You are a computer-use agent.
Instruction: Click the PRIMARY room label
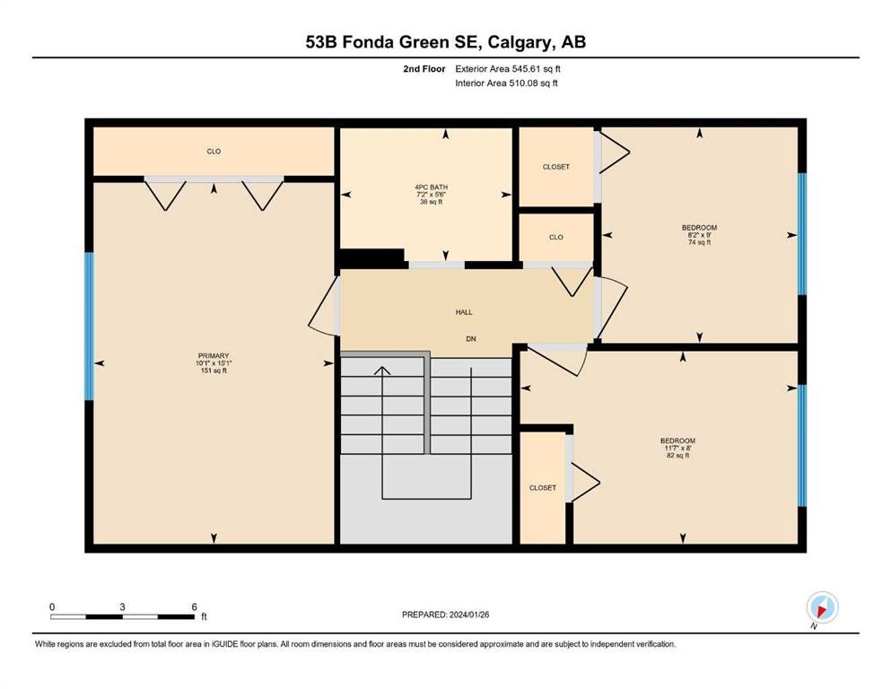click(x=214, y=356)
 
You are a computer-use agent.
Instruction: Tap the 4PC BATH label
click(x=432, y=187)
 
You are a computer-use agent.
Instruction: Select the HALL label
click(x=464, y=312)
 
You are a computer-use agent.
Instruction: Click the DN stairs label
click(x=471, y=338)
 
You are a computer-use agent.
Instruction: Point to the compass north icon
click(x=822, y=607)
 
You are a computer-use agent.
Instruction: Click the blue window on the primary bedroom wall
click(x=89, y=326)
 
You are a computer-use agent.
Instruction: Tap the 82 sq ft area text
click(x=678, y=455)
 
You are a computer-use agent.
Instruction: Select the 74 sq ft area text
click(x=700, y=242)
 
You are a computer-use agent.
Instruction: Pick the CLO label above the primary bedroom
click(x=214, y=151)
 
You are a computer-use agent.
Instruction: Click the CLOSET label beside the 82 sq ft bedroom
click(x=543, y=488)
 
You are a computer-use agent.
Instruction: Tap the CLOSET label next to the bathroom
click(x=555, y=167)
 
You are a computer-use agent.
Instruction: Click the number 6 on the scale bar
click(x=195, y=606)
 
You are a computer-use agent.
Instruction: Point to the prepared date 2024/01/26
click(x=469, y=615)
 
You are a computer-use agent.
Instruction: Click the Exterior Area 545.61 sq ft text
click(x=508, y=69)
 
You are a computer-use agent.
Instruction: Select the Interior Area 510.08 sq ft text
click(x=506, y=83)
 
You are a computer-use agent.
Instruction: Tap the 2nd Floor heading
click(x=424, y=69)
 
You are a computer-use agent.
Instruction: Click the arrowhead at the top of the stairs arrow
click(x=382, y=370)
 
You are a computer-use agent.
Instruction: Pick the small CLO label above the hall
click(x=556, y=237)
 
